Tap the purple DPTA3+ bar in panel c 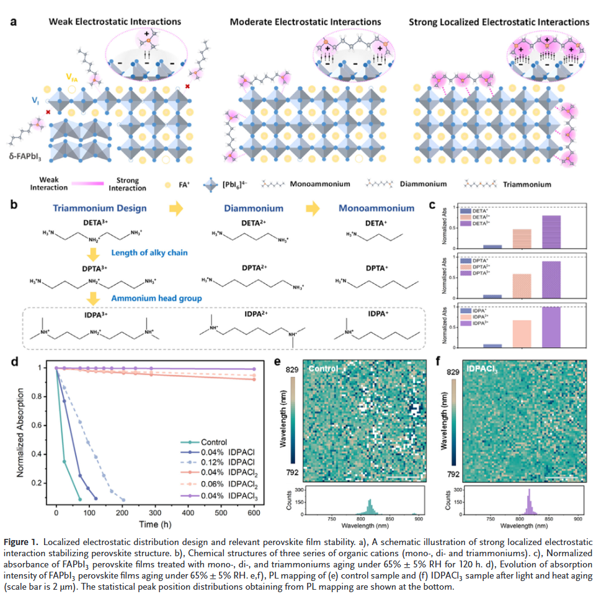tap(551, 280)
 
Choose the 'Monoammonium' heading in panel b tap(376, 208)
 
